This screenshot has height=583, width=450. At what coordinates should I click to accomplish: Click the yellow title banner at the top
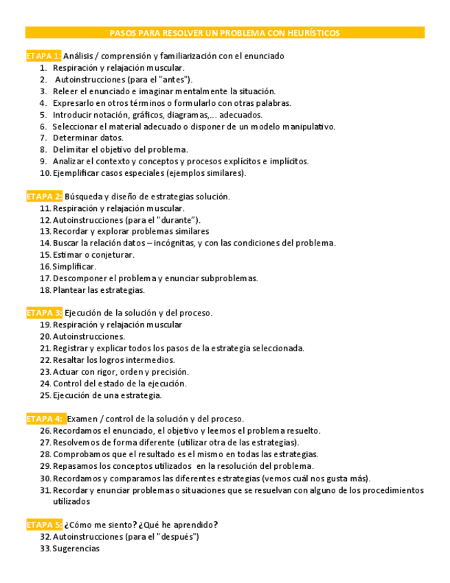click(225, 33)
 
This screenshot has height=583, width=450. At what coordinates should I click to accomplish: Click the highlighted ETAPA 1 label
click(43, 56)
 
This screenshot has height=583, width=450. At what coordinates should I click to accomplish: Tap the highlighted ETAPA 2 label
click(44, 197)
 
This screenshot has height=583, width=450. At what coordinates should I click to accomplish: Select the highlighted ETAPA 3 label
click(44, 313)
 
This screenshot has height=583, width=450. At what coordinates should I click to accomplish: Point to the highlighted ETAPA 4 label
click(45, 419)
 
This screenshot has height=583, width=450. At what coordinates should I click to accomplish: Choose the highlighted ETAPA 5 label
click(44, 525)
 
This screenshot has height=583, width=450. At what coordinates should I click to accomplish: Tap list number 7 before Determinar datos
click(43, 137)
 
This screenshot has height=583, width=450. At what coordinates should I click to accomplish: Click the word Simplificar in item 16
click(74, 267)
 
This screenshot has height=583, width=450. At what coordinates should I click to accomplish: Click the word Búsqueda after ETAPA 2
click(83, 197)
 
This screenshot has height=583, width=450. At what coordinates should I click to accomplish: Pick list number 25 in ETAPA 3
click(45, 395)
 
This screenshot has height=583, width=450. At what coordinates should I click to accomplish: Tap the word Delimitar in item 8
click(71, 149)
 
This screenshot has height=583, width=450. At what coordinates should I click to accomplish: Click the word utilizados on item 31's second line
click(71, 502)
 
